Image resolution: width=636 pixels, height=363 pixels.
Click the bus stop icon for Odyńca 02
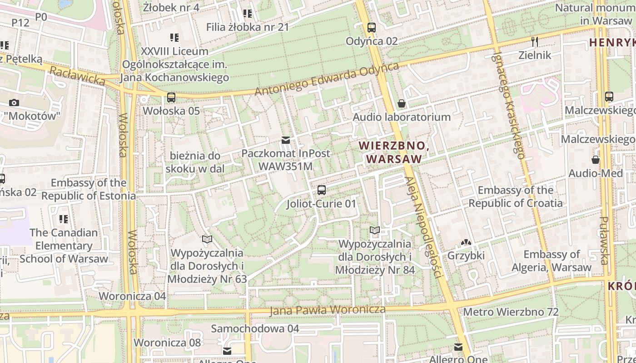tap(372, 27)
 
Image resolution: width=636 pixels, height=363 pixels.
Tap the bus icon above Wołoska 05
tap(171, 97)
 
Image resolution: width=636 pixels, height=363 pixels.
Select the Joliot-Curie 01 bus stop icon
tap(322, 190)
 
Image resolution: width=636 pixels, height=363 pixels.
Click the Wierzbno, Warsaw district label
tap(394, 152)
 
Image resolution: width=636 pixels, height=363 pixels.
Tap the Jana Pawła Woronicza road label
tap(327, 310)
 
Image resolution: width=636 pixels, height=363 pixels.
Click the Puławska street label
tap(604, 240)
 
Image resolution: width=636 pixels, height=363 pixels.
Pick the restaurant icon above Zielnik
tap(535, 42)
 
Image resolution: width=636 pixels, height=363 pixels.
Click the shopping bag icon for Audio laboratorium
tap(402, 104)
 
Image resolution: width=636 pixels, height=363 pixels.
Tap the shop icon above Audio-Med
tap(596, 160)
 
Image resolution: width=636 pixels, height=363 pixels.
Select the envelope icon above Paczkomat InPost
tap(285, 140)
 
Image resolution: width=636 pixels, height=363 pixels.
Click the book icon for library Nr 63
tap(207, 239)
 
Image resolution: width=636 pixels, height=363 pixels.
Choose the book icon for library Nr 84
tap(375, 231)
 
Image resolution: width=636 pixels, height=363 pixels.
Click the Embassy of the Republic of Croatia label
tap(516, 196)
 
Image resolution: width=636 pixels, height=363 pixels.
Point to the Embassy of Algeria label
tap(552, 261)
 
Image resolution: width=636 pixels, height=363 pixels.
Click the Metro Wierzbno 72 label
tap(511, 312)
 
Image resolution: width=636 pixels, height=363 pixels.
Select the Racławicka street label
tap(77, 76)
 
